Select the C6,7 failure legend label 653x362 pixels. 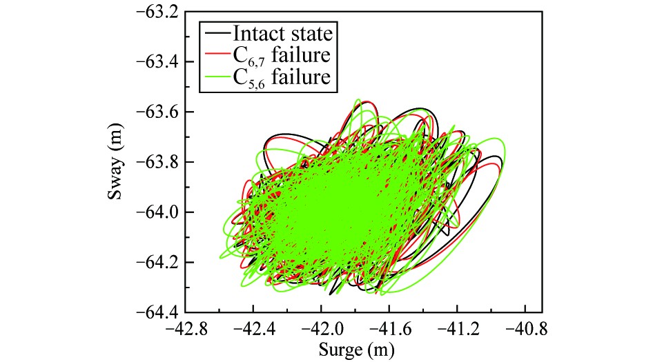280,56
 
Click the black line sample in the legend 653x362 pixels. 217,33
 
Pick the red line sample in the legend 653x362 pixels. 217,55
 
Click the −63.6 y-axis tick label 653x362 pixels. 157,112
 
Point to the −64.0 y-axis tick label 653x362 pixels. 157,212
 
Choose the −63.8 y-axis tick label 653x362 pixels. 157,162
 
